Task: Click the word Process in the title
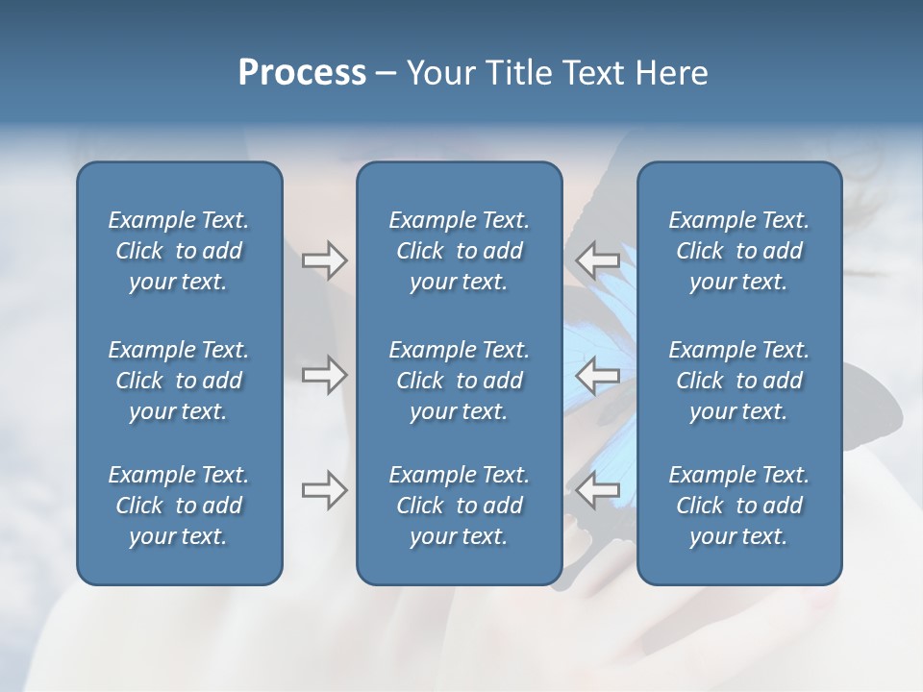pyautogui.click(x=302, y=73)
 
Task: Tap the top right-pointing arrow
pyautogui.click(x=325, y=260)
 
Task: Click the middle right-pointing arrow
pyautogui.click(x=325, y=375)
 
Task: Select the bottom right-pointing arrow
pyautogui.click(x=325, y=489)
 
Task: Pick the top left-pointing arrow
pyautogui.click(x=598, y=260)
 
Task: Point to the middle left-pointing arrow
pyautogui.click(x=598, y=375)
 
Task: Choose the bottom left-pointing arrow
pyautogui.click(x=598, y=489)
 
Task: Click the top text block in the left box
pyautogui.click(x=179, y=251)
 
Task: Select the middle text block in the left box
pyautogui.click(x=179, y=381)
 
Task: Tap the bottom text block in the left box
pyautogui.click(x=179, y=506)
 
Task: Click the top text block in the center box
pyautogui.click(x=459, y=251)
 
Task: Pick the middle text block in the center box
pyautogui.click(x=459, y=381)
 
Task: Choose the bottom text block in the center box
pyautogui.click(x=459, y=506)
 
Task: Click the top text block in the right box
pyautogui.click(x=738, y=251)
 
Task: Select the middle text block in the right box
pyautogui.click(x=738, y=381)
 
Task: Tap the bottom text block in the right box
pyautogui.click(x=738, y=506)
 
